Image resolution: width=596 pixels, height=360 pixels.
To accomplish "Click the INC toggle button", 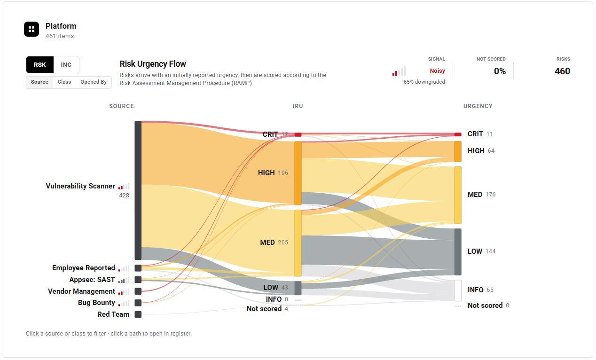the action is coord(66,65).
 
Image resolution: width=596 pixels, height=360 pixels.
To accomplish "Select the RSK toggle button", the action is coord(40,65).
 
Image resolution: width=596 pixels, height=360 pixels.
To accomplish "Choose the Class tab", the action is coord(64,82).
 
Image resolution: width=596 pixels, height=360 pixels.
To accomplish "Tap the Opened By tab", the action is coord(94,82).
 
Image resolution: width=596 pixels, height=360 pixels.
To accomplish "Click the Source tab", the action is coord(39,82).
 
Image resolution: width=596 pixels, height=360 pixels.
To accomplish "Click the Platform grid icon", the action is coord(31,29).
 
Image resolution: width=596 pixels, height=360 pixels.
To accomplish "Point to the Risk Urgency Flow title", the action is coord(153,64).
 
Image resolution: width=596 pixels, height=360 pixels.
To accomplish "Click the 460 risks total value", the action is coord(562,71).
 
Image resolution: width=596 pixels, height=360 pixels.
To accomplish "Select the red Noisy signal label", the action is coord(438,71).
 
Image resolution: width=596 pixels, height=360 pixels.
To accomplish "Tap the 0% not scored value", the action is coord(500,71).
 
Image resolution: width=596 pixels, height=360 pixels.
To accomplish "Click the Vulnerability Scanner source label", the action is coord(80,186).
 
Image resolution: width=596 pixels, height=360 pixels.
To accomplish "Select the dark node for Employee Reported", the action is coord(138,268).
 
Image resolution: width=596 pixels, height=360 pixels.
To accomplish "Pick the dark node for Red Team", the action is coord(138,314).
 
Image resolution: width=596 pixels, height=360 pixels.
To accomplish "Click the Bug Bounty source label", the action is coord(96,303).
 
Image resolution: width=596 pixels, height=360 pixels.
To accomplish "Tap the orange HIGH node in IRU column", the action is coord(298,173).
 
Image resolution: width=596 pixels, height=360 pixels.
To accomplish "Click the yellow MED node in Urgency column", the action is coord(458,195).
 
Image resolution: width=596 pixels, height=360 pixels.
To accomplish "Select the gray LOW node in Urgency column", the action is coord(458,252).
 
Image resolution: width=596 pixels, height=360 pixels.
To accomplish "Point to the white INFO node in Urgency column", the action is coord(458,290).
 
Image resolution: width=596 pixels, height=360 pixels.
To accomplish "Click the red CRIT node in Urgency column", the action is coord(458,134).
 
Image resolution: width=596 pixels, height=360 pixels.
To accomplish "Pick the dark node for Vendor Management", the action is coord(138,291).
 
